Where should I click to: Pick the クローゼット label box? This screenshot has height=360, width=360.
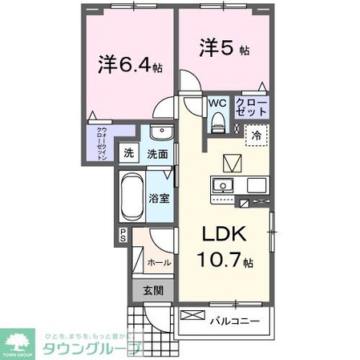[x=251, y=107]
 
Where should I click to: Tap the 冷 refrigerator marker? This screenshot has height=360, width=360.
[x=255, y=136]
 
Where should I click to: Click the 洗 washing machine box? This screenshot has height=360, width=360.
[x=128, y=153]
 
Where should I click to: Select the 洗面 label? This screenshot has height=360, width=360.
[x=156, y=153]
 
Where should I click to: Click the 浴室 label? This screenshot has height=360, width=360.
[x=159, y=198]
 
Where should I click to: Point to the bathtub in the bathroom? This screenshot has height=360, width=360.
[x=131, y=198]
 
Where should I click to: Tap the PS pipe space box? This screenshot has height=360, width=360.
[x=123, y=236]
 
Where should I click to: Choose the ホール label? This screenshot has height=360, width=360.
[x=158, y=261]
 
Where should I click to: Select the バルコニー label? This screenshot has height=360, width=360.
[x=233, y=322]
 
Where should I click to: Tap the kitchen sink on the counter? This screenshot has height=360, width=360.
[x=221, y=186]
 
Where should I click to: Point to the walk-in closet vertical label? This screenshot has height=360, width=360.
[x=102, y=145]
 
